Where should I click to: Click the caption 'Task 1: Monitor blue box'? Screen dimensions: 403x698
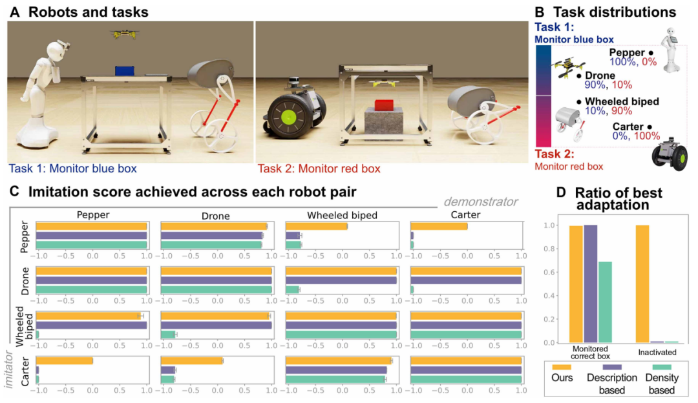tap(72, 170)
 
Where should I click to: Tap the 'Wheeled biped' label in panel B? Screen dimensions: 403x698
tap(621, 101)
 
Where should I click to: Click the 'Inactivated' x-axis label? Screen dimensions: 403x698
tap(657, 353)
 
